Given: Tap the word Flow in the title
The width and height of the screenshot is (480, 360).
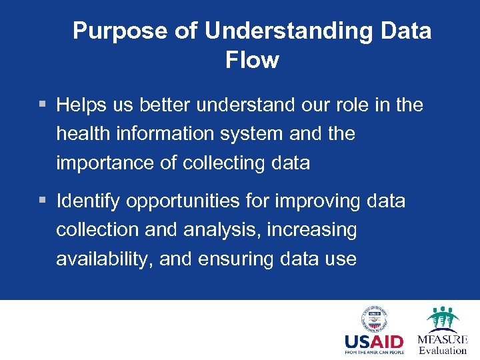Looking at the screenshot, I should pyautogui.click(x=252, y=61).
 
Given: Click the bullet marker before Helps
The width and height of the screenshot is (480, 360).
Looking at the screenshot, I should pyautogui.click(x=43, y=105).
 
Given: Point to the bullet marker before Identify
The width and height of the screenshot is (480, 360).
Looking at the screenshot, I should pyautogui.click(x=43, y=201).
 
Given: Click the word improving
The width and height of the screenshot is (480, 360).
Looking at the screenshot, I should pyautogui.click(x=322, y=201).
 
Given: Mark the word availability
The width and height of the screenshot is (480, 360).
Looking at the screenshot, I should pyautogui.click(x=105, y=259).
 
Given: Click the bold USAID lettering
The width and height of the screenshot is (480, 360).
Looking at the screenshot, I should pyautogui.click(x=374, y=342).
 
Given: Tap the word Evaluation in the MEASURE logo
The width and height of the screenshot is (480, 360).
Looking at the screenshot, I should pyautogui.click(x=443, y=350).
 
